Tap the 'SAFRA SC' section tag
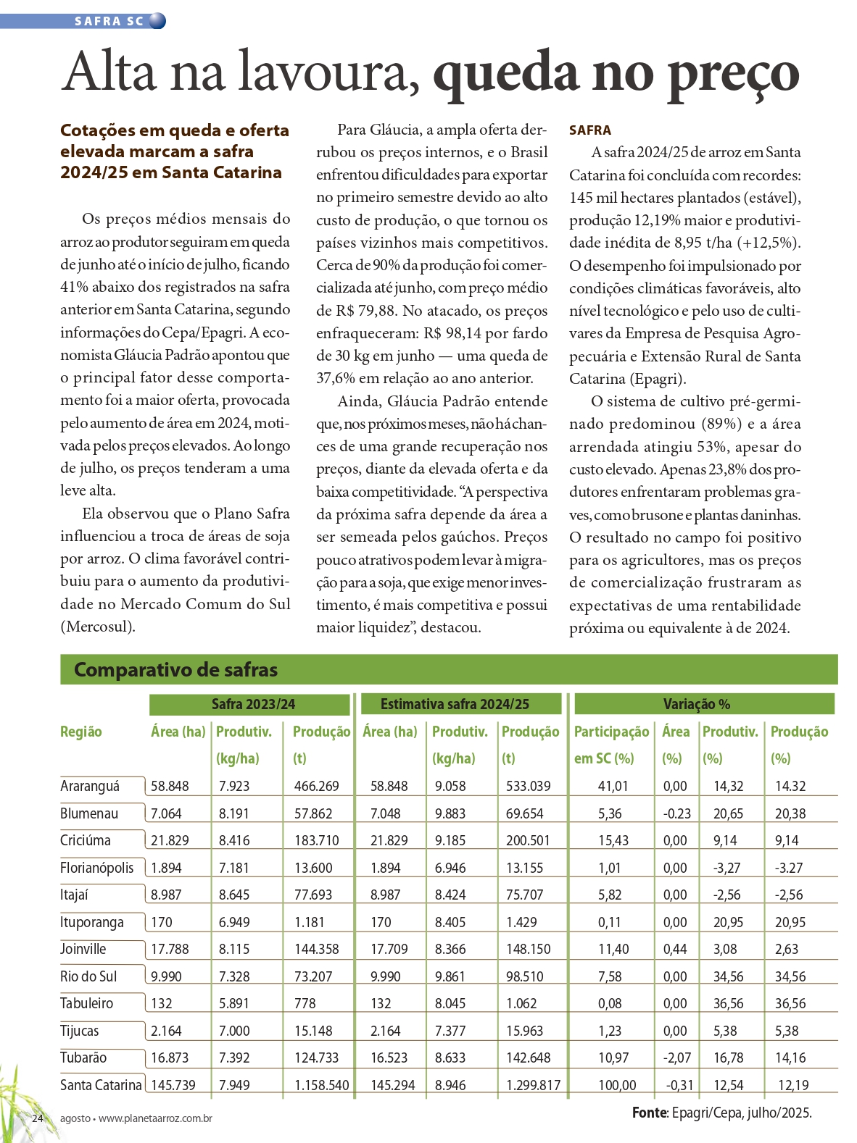pyautogui.click(x=109, y=21)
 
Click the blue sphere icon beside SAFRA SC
pyautogui.click(x=157, y=21)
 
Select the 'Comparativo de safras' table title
pyautogui.click(x=175, y=670)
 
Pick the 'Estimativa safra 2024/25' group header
pyautogui.click(x=455, y=704)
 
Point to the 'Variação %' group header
pyautogui.click(x=696, y=704)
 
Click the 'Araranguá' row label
pyautogui.click(x=90, y=786)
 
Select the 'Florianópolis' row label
pyautogui.click(x=96, y=868)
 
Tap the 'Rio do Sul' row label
pyautogui.click(x=88, y=976)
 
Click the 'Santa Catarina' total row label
pyautogui.click(x=101, y=1085)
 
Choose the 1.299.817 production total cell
pyautogui.click(x=533, y=1085)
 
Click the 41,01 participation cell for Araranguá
pyautogui.click(x=613, y=786)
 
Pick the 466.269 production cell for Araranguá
pyautogui.click(x=316, y=786)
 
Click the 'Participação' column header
pyautogui.click(x=611, y=732)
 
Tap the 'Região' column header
pyautogui.click(x=80, y=732)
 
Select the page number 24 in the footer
pyautogui.click(x=38, y=1118)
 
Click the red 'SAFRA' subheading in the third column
pyautogui.click(x=590, y=130)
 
